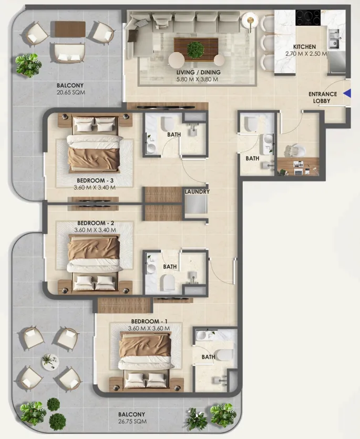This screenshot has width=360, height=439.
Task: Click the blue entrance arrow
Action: pyautogui.click(x=347, y=94)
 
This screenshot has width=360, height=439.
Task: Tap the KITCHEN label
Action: pyautogui.click(x=304, y=47)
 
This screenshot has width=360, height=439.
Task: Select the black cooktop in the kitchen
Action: pyautogui.click(x=308, y=18)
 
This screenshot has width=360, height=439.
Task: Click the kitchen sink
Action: pyautogui.click(x=334, y=39)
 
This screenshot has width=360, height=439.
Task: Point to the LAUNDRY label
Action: pyautogui.click(x=197, y=192)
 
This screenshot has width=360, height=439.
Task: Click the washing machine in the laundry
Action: pyautogui.click(x=196, y=205)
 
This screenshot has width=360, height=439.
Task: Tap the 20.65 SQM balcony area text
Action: pyautogui.click(x=71, y=93)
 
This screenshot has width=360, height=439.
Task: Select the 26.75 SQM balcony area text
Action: pyautogui.click(x=132, y=421)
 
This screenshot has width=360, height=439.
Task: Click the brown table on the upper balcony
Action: pyautogui.click(x=70, y=29)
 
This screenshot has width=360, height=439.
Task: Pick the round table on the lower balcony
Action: pyautogui.click(x=50, y=362)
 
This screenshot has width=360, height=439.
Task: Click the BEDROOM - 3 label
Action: pyautogui.click(x=95, y=180)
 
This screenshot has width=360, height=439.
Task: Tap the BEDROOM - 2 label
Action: pyautogui.click(x=96, y=223)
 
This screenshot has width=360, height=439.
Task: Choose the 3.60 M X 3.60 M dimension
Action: pyautogui.click(x=149, y=329)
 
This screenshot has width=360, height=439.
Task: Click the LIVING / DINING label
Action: pyautogui.click(x=199, y=72)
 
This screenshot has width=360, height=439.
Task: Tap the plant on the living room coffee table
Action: pyautogui.click(x=195, y=50)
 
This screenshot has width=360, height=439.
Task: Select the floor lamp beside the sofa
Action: pyautogui.click(x=250, y=21)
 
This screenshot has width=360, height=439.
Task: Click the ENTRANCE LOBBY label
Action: pyautogui.click(x=323, y=97)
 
